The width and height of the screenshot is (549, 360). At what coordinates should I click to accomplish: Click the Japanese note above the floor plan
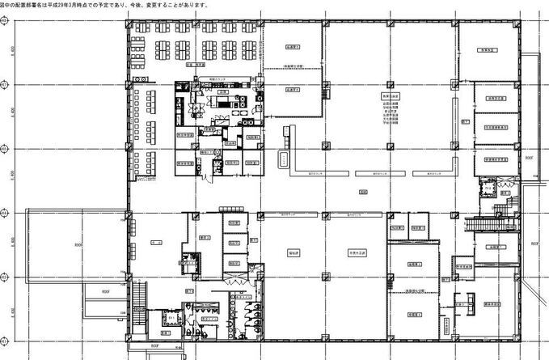pos(104,5)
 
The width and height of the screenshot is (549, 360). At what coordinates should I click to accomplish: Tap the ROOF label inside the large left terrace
pos(78,243)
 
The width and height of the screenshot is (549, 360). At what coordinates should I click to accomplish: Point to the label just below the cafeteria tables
pos(194,63)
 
